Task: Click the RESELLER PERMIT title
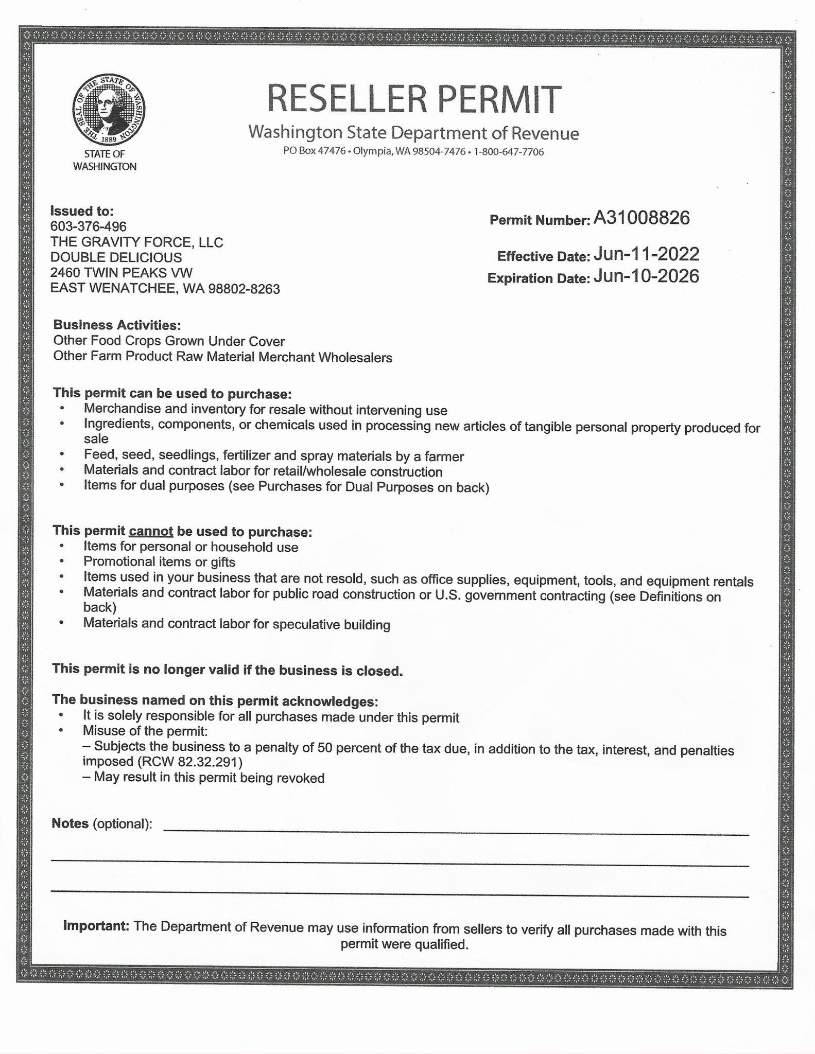tap(413, 99)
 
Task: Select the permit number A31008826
tap(641, 218)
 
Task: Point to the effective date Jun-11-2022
tap(646, 254)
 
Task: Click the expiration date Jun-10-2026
tap(646, 276)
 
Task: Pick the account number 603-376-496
tap(88, 226)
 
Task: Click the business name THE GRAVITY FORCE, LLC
tap(136, 242)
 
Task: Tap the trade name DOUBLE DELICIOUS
tap(116, 258)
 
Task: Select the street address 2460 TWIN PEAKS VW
tap(122, 273)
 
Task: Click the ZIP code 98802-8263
tap(244, 289)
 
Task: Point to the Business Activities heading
tap(117, 325)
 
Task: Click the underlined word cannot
tap(151, 531)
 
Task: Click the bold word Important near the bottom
tap(96, 926)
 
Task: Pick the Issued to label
tap(81, 211)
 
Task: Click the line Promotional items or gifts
tap(160, 562)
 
